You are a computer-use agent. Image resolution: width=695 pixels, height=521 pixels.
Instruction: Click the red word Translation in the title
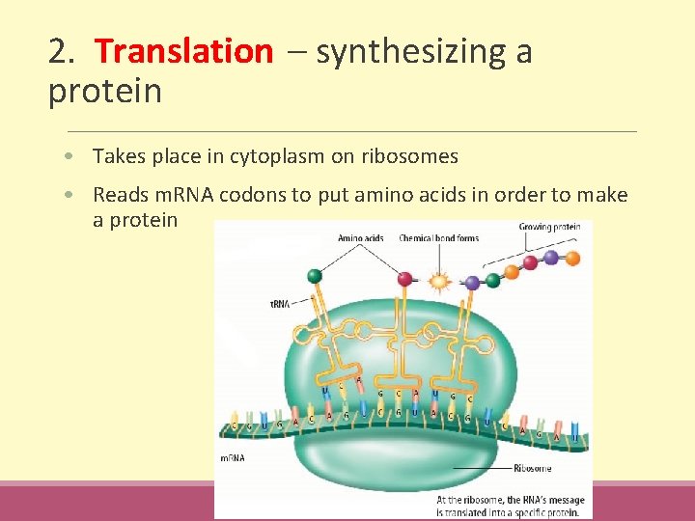(184, 51)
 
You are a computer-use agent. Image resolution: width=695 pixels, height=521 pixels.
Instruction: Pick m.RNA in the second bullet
(181, 196)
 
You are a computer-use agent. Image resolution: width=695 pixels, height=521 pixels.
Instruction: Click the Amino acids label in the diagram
(360, 237)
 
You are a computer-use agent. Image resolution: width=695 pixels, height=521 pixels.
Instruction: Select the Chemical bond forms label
(439, 237)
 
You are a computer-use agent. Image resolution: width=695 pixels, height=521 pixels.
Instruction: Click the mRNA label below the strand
(233, 457)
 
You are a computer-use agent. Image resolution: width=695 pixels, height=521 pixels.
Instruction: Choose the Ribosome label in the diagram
(532, 468)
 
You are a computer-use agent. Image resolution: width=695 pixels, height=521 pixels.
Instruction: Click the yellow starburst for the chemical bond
(440, 283)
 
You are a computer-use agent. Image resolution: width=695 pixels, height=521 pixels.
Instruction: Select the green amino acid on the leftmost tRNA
(315, 276)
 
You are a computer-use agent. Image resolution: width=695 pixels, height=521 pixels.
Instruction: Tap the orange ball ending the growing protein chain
(572, 258)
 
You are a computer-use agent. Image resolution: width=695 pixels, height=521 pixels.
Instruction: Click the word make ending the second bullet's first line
(604, 196)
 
